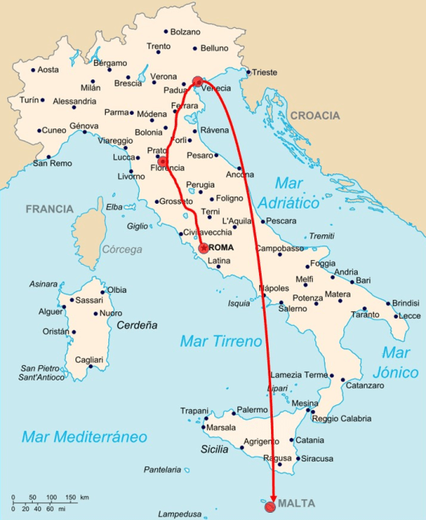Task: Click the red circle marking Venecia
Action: tap(197, 80)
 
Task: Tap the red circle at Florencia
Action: tap(163, 160)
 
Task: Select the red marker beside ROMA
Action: tap(203, 248)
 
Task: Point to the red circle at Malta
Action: tap(270, 506)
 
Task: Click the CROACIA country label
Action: tap(314, 116)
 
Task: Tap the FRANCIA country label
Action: tap(49, 209)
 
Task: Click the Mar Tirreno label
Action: tap(221, 342)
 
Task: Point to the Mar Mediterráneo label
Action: tap(85, 437)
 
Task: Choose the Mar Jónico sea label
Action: tap(399, 362)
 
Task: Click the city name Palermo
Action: tap(252, 410)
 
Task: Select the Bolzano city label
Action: tap(185, 32)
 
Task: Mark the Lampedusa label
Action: tap(178, 514)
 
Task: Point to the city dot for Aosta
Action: tap(33, 70)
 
